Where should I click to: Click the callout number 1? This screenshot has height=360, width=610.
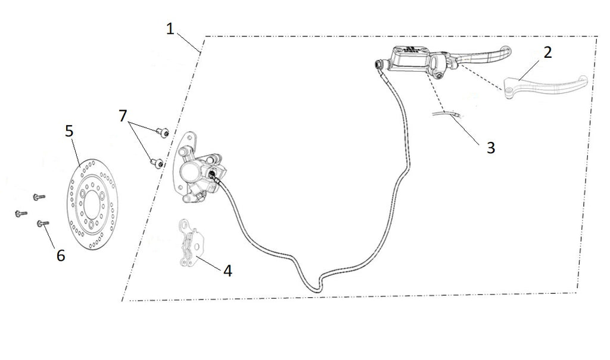170,29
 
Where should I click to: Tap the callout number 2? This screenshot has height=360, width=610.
547,52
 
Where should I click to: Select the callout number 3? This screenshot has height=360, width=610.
491,148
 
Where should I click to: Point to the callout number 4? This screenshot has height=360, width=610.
228,271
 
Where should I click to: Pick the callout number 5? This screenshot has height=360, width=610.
69,131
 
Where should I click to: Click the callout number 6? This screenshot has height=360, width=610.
61,256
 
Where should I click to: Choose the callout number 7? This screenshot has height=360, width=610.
123,116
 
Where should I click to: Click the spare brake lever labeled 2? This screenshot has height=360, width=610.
544,86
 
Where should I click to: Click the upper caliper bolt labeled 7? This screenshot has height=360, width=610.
163,132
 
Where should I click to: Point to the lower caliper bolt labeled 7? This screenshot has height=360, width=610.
157,163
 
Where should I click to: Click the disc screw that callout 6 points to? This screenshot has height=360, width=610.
43,224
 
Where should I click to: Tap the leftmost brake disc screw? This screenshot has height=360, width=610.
21,213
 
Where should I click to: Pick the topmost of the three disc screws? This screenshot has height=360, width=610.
39,197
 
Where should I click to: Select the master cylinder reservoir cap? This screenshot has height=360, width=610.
410,50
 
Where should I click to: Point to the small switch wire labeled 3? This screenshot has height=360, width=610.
447,114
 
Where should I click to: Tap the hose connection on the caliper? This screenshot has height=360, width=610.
213,175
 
